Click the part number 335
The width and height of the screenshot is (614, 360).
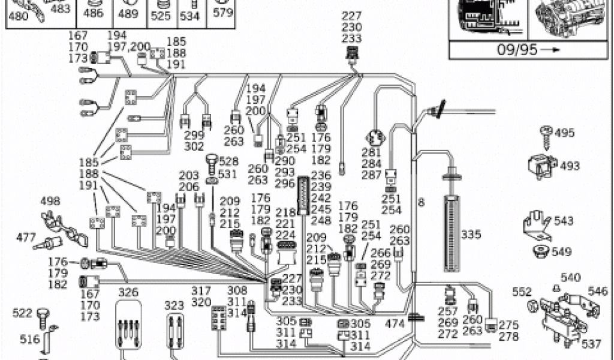tap(471, 235)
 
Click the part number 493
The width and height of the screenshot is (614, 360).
tap(570, 166)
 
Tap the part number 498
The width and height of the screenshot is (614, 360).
tap(50, 201)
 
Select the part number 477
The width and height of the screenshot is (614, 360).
tap(26, 238)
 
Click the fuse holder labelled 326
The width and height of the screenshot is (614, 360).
tap(128, 326)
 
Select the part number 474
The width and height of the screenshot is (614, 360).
tap(395, 324)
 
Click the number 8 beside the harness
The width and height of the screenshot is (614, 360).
tap(421, 203)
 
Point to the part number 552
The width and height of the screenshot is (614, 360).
tap(522, 292)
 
